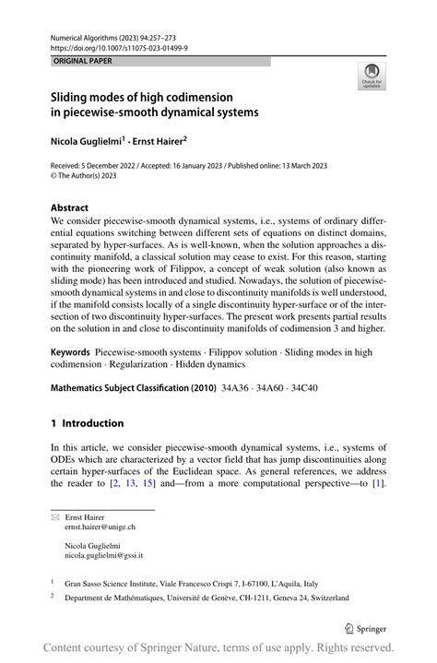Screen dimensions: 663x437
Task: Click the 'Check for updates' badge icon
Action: pos(372,73)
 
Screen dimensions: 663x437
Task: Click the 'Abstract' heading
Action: pos(70,208)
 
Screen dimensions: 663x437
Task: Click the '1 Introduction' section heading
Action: pos(87,424)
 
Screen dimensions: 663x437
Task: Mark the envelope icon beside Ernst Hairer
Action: pos(54,518)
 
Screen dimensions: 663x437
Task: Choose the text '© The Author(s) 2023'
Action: pos(89,178)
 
